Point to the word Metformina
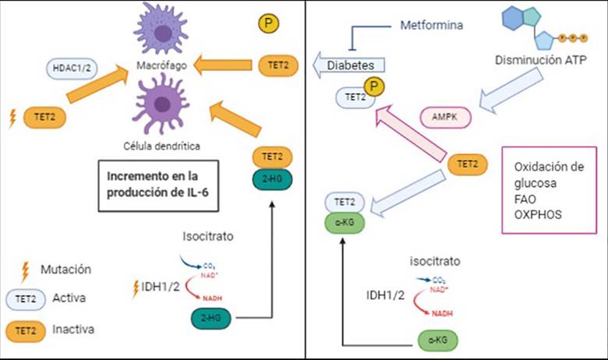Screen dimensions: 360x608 (x=431, y=26)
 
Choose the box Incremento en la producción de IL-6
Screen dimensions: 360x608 (x=157, y=185)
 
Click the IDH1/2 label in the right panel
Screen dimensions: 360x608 (x=386, y=296)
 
